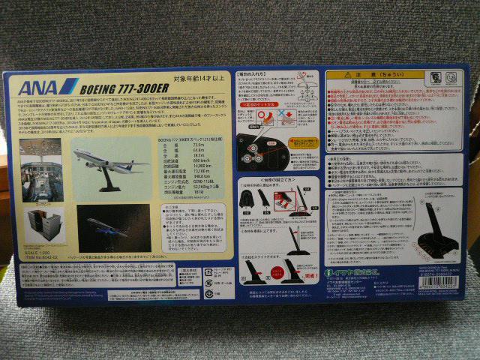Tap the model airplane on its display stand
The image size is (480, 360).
tap(110, 161)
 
